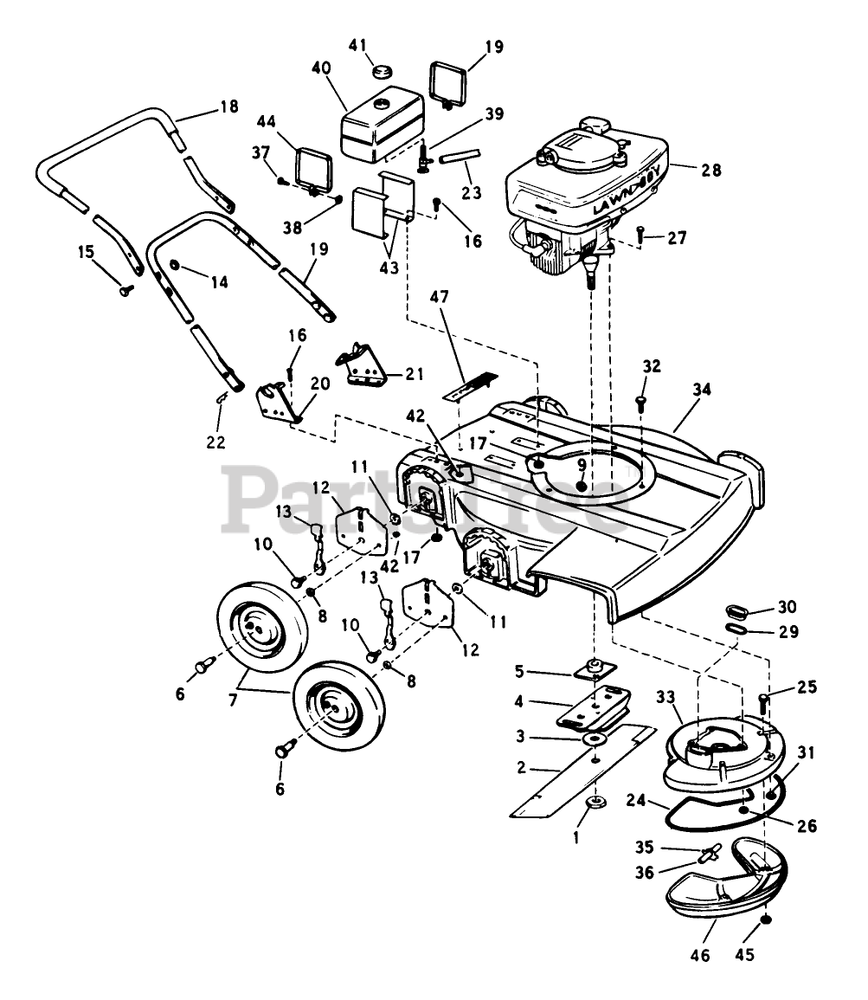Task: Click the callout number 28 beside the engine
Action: (711, 171)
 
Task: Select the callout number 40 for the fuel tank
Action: (322, 68)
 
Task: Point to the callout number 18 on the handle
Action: (228, 106)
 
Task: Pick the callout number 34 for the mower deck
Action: (702, 389)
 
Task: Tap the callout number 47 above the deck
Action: (440, 297)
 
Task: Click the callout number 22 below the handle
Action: (216, 442)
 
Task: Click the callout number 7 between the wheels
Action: (233, 700)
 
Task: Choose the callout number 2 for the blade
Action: (521, 767)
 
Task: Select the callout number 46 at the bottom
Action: (700, 972)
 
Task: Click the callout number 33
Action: (666, 697)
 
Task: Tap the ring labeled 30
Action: (736, 612)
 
